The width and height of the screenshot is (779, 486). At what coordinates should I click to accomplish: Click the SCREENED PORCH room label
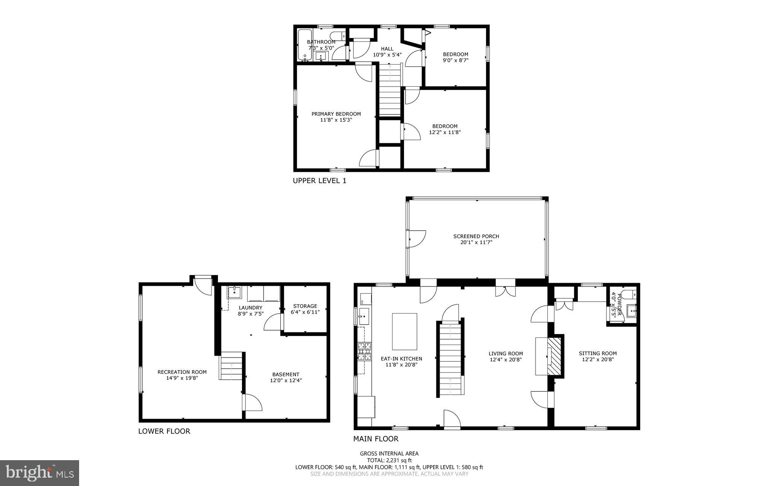(476, 236)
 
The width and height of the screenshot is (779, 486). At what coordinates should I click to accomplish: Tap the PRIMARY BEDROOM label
(336, 114)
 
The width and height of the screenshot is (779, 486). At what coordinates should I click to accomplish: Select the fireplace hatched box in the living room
(555, 357)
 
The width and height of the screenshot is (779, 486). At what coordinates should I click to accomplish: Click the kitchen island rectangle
(404, 331)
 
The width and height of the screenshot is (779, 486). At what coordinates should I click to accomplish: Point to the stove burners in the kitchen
(364, 352)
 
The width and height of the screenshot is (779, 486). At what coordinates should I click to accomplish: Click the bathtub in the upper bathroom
(304, 45)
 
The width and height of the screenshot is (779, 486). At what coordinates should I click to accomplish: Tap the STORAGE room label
(305, 306)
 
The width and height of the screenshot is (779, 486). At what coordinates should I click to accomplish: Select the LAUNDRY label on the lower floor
(251, 308)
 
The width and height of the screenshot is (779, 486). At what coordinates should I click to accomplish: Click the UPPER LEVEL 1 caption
(320, 181)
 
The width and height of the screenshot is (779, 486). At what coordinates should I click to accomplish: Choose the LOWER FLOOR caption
(164, 431)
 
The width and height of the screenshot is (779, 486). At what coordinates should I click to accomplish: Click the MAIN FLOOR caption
(376, 439)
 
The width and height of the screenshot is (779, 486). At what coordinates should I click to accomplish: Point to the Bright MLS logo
(40, 473)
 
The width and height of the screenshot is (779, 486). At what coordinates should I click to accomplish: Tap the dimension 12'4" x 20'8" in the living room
(506, 359)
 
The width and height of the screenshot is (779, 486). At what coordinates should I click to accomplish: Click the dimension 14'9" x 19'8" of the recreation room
(182, 378)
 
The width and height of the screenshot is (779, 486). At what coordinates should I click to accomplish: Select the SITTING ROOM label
(598, 353)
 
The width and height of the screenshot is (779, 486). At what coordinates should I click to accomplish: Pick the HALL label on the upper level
(387, 49)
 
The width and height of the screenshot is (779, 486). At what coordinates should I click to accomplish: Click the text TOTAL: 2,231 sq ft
(389, 460)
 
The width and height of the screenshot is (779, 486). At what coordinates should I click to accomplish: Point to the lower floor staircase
(231, 366)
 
